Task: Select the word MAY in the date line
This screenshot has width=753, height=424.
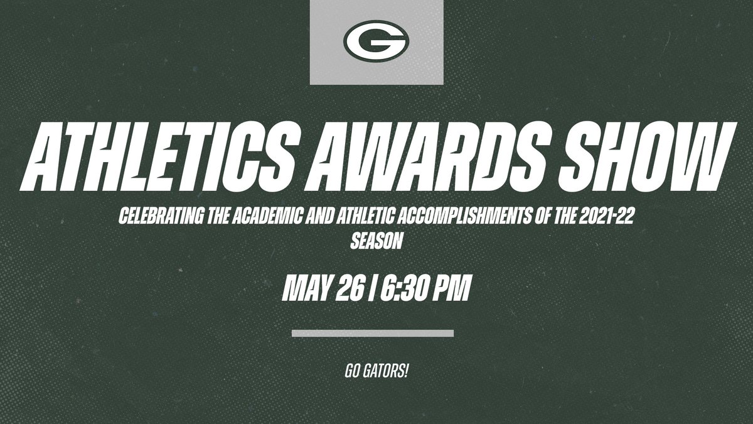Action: [x=306, y=288]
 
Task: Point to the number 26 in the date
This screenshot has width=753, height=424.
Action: [x=350, y=288]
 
